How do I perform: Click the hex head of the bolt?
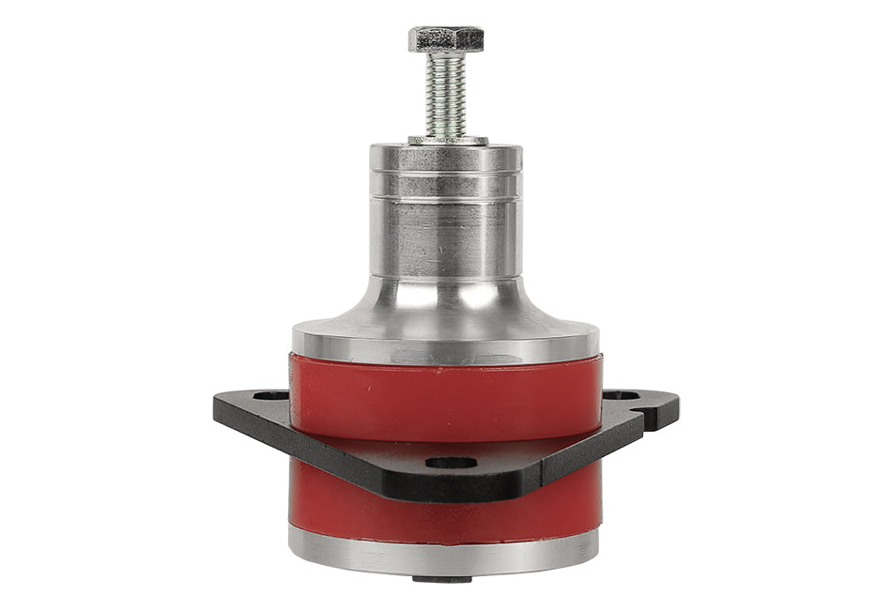(x=446, y=38)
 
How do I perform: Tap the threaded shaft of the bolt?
(x=446, y=94)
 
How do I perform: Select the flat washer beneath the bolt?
(x=447, y=141)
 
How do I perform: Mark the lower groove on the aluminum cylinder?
(x=446, y=200)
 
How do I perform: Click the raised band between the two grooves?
(x=446, y=187)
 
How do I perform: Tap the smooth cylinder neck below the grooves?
(x=446, y=239)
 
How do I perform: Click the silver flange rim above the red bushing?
(x=446, y=345)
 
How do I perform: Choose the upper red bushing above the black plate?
(x=446, y=394)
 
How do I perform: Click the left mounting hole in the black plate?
(x=269, y=397)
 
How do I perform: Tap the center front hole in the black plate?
(x=450, y=463)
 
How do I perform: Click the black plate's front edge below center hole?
(x=450, y=488)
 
